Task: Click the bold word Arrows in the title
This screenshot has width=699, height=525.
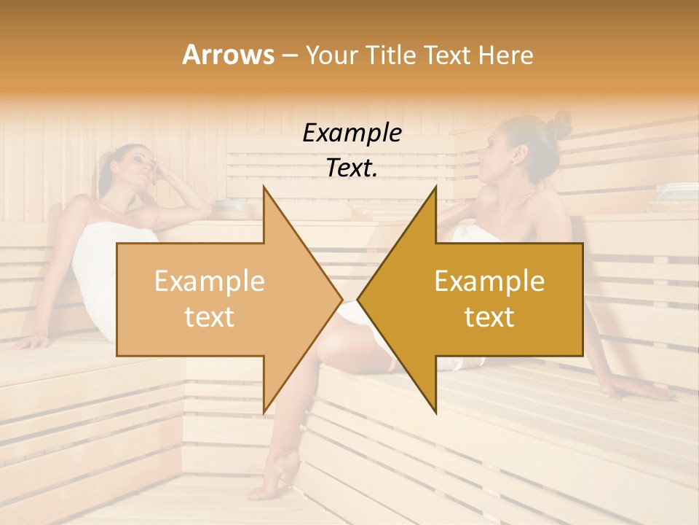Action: click(x=228, y=55)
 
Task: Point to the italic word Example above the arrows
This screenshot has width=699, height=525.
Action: click(x=352, y=133)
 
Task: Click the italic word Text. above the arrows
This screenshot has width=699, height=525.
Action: click(x=352, y=168)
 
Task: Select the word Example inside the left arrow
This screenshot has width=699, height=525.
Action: click(x=210, y=281)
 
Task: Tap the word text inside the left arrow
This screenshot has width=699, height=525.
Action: click(x=210, y=316)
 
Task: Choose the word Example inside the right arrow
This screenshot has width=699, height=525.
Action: click(x=489, y=281)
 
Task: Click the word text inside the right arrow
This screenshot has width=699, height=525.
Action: click(x=489, y=316)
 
